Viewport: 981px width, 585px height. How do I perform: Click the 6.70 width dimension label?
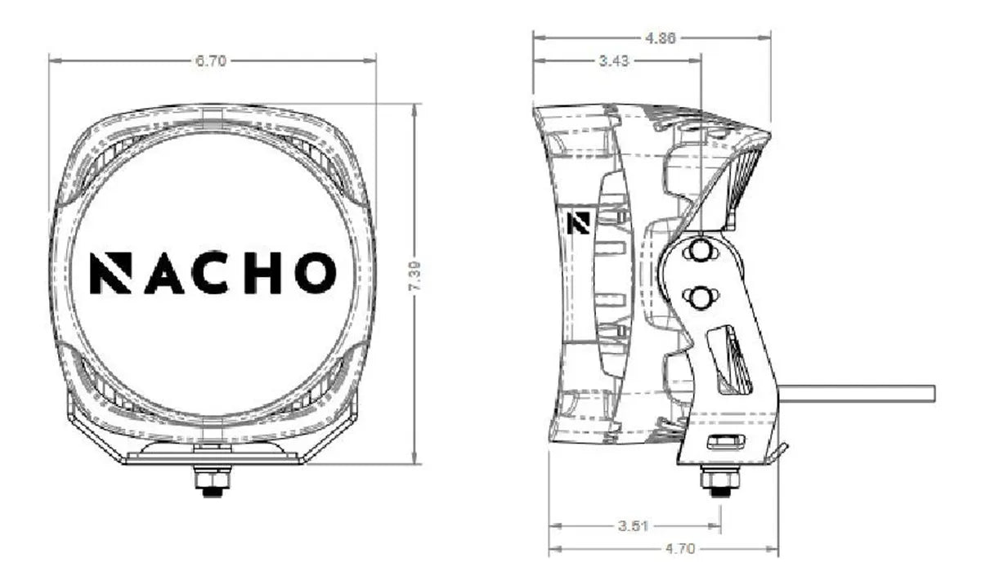(211, 60)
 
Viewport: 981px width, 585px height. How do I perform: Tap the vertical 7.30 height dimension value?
(414, 275)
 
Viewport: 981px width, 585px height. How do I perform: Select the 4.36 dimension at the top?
(661, 38)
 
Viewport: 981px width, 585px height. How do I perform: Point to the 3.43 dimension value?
(614, 60)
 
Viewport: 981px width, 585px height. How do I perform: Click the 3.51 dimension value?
(633, 525)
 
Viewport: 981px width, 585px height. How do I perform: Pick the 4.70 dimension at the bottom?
(679, 548)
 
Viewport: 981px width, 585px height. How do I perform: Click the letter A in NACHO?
(163, 273)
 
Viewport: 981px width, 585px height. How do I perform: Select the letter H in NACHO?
(262, 273)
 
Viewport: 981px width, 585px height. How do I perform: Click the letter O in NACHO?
(316, 273)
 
